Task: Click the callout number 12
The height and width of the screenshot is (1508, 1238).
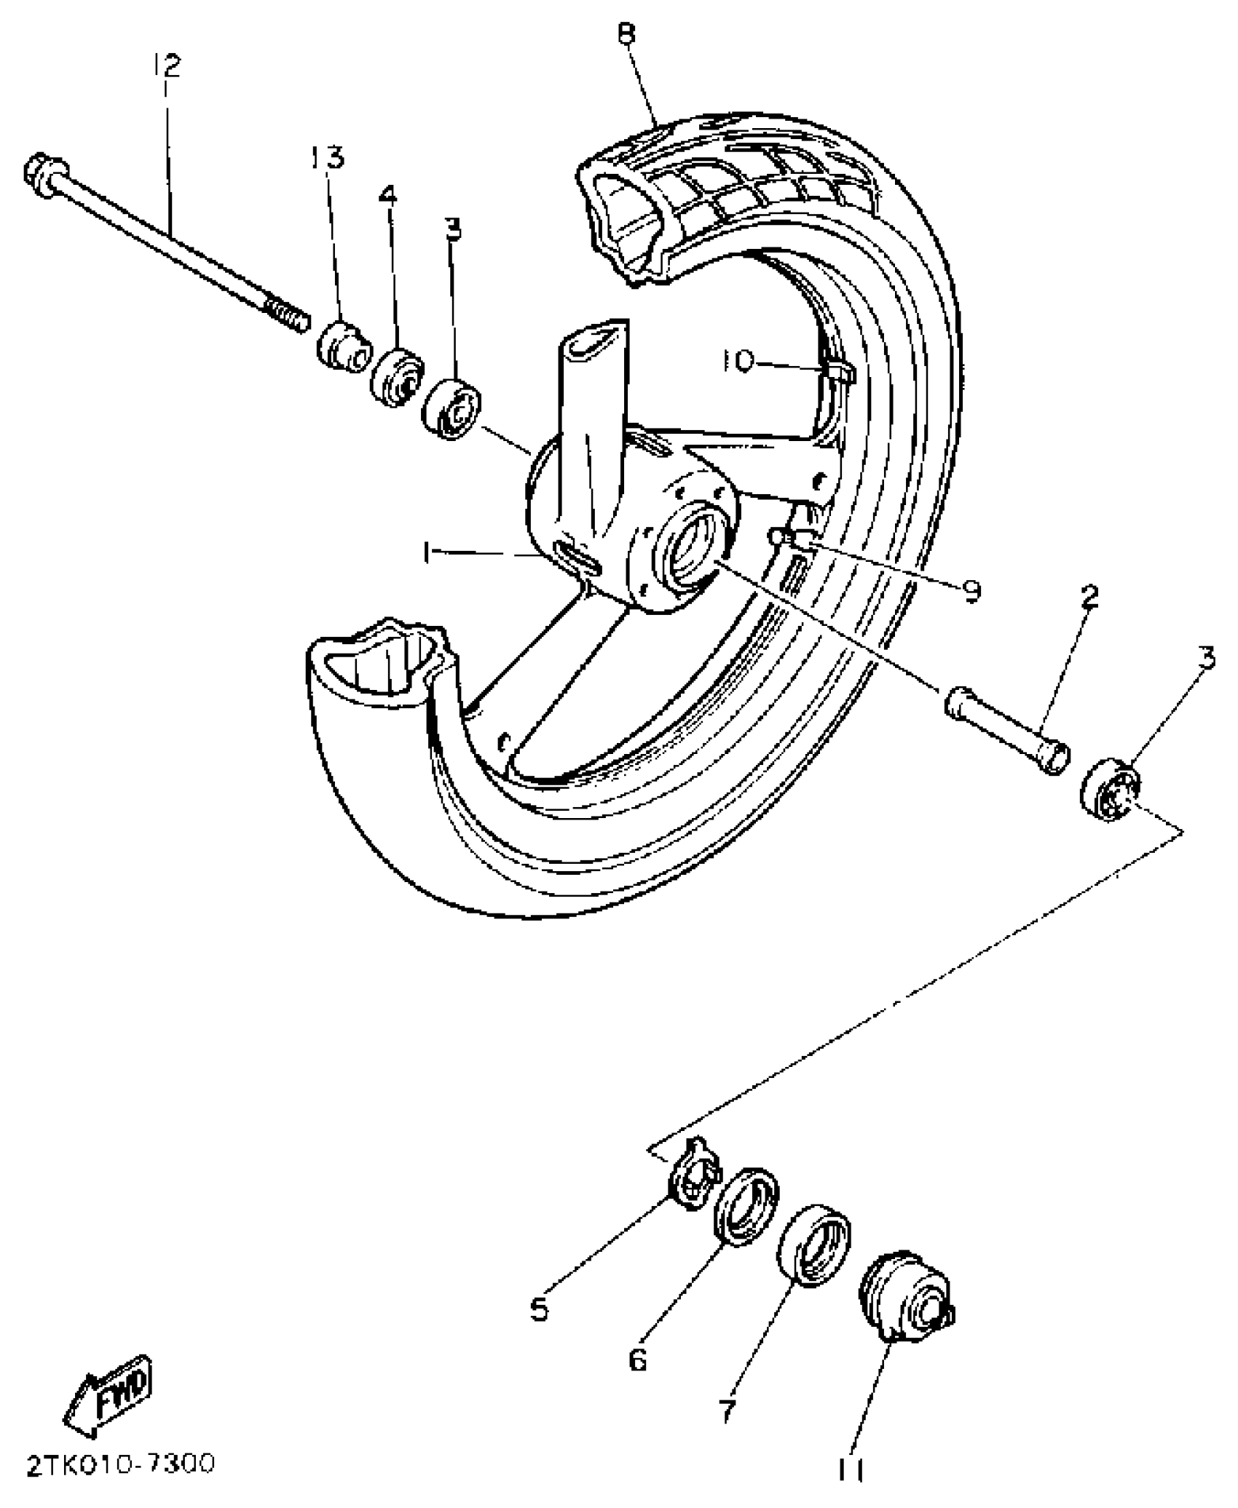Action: (x=167, y=66)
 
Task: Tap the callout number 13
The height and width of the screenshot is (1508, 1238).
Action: (x=328, y=156)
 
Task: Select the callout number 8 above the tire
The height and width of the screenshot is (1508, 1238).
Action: (x=626, y=33)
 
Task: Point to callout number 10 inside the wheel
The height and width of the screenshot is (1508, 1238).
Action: (x=740, y=362)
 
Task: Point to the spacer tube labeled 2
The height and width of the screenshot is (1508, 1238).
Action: (x=1009, y=730)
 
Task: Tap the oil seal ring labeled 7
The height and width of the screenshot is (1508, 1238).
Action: (x=814, y=1245)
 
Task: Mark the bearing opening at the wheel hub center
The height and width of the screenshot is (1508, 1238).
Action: (x=695, y=553)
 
